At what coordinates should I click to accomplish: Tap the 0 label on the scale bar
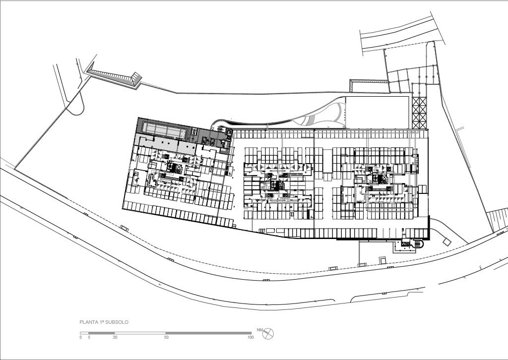(81, 337)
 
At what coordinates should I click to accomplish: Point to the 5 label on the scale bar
(89, 337)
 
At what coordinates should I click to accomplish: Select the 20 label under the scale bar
(115, 337)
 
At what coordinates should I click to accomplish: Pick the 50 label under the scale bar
(166, 337)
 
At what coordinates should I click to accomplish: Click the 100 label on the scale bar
(251, 337)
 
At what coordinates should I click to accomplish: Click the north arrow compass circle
(268, 334)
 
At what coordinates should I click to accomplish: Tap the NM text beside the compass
(259, 330)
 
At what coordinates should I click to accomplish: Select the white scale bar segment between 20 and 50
(140, 333)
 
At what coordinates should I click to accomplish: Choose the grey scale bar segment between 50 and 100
(209, 333)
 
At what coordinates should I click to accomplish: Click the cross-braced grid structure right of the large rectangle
(419, 113)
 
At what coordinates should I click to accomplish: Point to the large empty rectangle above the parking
(378, 113)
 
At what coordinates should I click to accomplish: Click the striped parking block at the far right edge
(498, 220)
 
